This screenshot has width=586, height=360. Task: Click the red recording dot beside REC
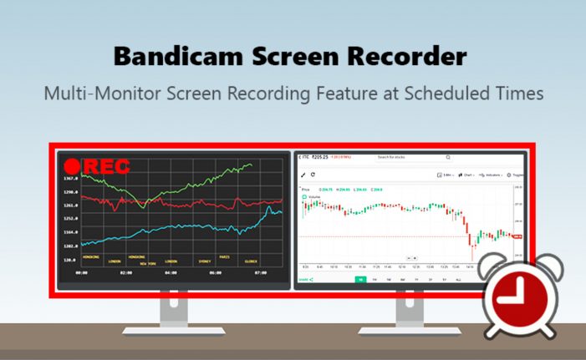click(72, 166)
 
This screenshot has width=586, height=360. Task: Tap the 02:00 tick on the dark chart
click(126, 272)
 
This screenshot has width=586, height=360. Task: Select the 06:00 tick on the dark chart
click(215, 272)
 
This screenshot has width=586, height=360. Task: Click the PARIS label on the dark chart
click(223, 256)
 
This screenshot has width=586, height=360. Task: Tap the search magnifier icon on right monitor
click(448, 157)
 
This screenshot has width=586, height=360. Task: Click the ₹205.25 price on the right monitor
click(318, 157)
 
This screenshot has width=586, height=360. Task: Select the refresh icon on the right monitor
click(313, 175)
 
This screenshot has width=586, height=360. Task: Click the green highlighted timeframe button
click(360, 280)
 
